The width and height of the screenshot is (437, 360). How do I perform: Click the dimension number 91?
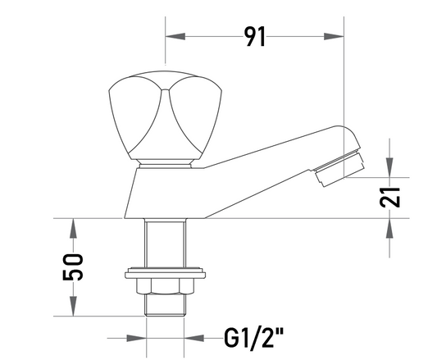[255, 37]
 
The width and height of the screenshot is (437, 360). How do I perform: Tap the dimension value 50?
[73, 267]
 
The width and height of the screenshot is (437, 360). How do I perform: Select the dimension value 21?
[390, 198]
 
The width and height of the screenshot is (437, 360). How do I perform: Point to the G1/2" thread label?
[254, 338]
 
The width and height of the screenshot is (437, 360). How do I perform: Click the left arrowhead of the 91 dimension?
[175, 36]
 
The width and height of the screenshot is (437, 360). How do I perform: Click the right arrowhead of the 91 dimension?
[334, 36]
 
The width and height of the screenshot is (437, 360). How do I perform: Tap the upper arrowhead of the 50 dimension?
[73, 228]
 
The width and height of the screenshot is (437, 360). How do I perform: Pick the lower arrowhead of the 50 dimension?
[73, 306]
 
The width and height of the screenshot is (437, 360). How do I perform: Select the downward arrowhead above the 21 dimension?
[389, 167]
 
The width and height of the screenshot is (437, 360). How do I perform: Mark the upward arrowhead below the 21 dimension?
[389, 228]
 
